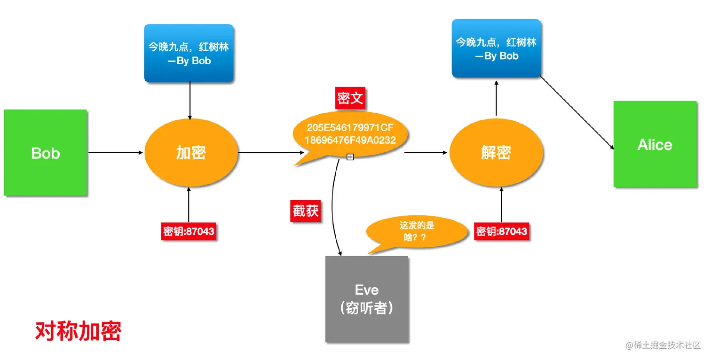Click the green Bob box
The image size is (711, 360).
46,153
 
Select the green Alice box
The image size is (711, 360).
655,144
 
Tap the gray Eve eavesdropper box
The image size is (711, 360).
367,299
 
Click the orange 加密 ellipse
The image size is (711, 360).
190,152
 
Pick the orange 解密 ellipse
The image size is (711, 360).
496,152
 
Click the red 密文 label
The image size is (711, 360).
350,99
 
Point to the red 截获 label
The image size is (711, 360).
306,211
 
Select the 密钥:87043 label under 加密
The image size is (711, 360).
189,232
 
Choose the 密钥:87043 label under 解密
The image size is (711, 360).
502,231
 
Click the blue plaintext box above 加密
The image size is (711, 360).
189,54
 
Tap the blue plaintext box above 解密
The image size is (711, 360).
496,48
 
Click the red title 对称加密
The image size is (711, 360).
79,331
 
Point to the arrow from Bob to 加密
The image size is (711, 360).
115,152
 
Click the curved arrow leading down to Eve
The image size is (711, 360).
333,207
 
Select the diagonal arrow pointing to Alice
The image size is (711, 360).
577,113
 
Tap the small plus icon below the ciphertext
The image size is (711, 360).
350,157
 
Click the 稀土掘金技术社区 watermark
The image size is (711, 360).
663,345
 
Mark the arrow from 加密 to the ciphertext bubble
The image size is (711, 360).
270,152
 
